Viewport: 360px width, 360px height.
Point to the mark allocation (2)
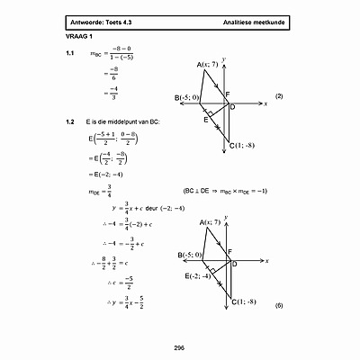(x=279, y=96)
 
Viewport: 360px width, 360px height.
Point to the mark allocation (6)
(x=279, y=307)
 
